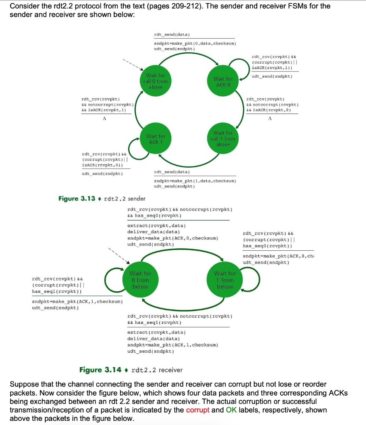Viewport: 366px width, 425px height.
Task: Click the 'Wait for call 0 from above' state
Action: [x=156, y=81]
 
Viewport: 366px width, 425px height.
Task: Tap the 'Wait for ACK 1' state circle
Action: [x=156, y=139]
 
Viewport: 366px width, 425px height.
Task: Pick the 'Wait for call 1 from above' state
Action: [x=225, y=139]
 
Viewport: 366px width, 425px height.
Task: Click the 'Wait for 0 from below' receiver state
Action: [x=140, y=280]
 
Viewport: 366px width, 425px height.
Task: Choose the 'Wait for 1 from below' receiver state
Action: [x=225, y=280]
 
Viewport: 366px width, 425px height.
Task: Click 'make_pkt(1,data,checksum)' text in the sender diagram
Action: [x=195, y=181]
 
